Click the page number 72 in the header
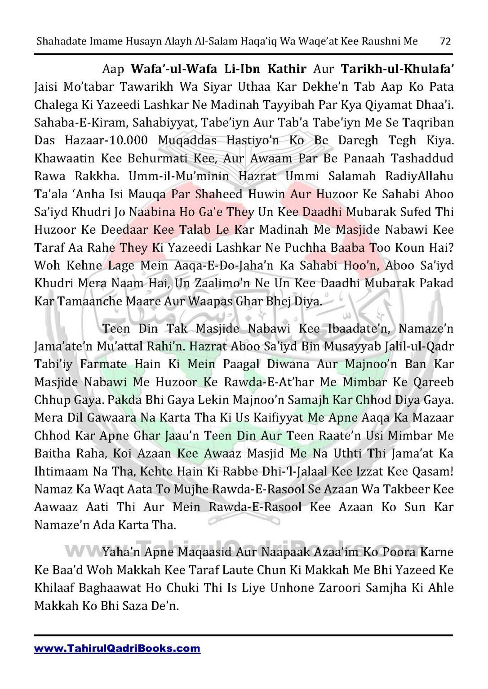pyautogui.click(x=445, y=42)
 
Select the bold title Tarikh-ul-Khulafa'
pyautogui.click(x=397, y=69)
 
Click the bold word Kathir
pyautogui.click(x=287, y=69)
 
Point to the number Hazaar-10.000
pyautogui.click(x=106, y=141)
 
